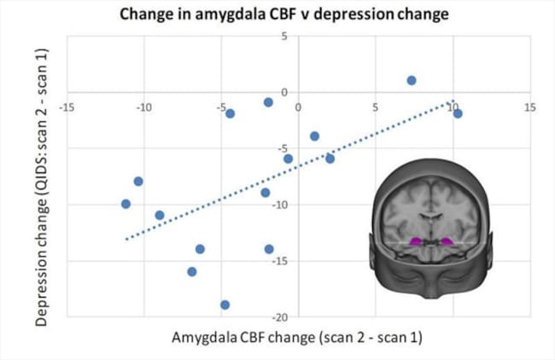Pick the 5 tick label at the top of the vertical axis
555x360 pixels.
coord(284,37)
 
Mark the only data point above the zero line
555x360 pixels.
coord(412,80)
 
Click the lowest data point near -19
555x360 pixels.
coord(225,305)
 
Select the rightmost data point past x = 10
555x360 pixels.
coord(458,113)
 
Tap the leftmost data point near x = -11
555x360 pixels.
coord(126,204)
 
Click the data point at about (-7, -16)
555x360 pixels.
coord(192,271)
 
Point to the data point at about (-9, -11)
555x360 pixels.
coord(160,215)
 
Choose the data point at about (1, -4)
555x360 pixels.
coord(314,136)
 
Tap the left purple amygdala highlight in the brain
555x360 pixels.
coord(417,242)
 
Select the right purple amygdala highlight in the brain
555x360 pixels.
coord(447,241)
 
